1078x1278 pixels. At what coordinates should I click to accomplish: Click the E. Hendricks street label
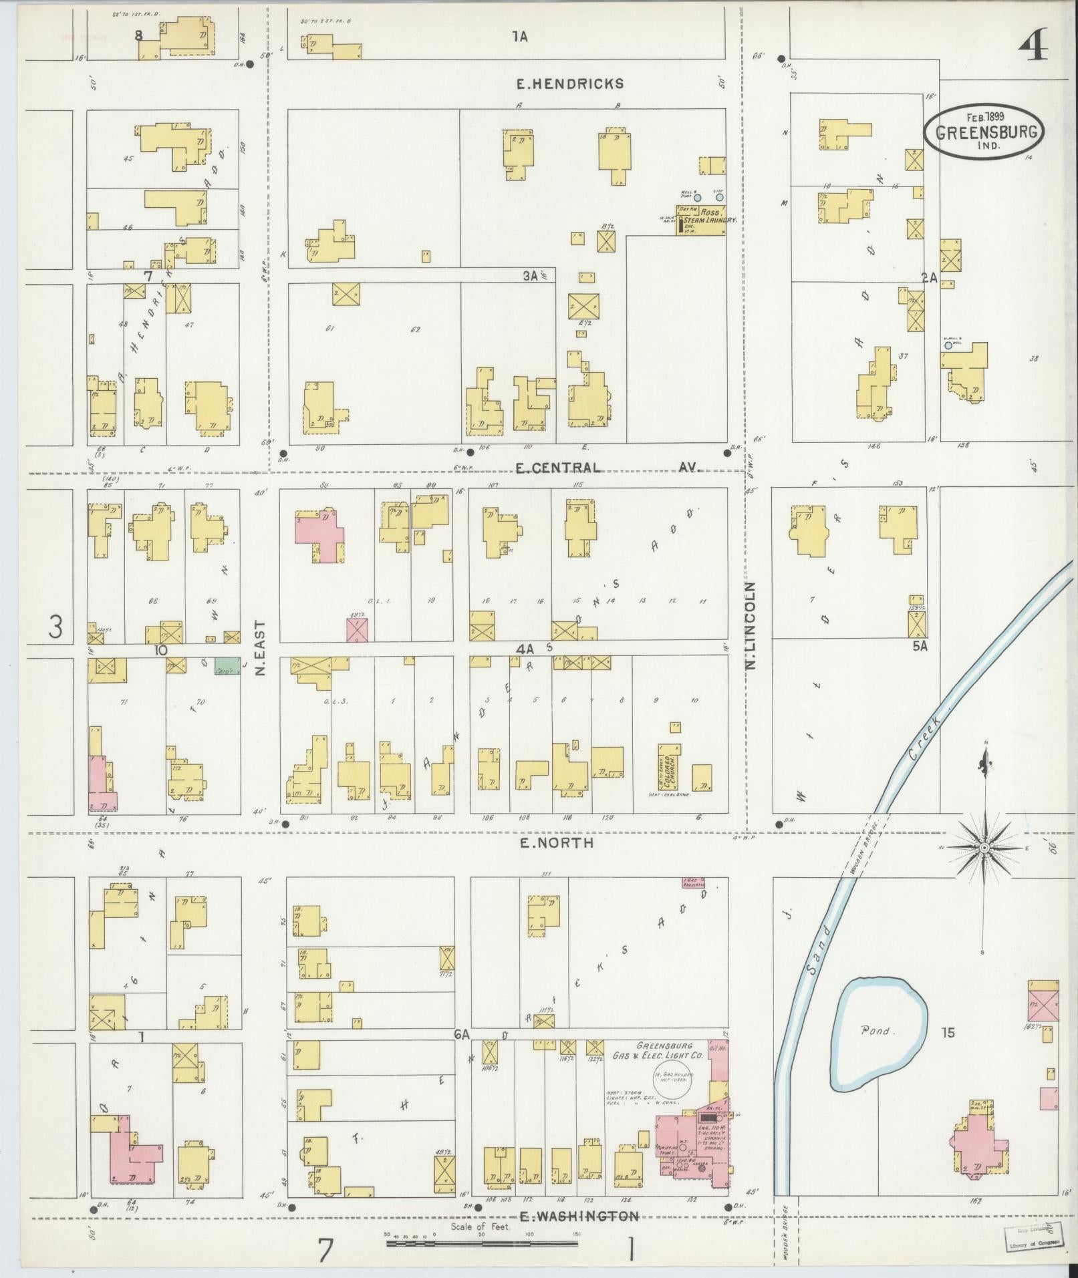tap(570, 84)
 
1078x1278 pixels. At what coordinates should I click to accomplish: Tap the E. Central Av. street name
tap(607, 468)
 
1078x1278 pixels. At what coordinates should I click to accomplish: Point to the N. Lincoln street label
tap(750, 625)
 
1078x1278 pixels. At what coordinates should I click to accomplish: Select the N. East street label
tap(260, 647)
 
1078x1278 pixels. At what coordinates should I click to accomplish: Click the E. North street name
tap(555, 843)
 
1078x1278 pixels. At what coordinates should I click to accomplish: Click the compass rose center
tap(983, 848)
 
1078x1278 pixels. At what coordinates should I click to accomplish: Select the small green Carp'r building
tap(225, 665)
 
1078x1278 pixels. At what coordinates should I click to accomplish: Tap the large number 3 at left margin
tap(57, 628)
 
